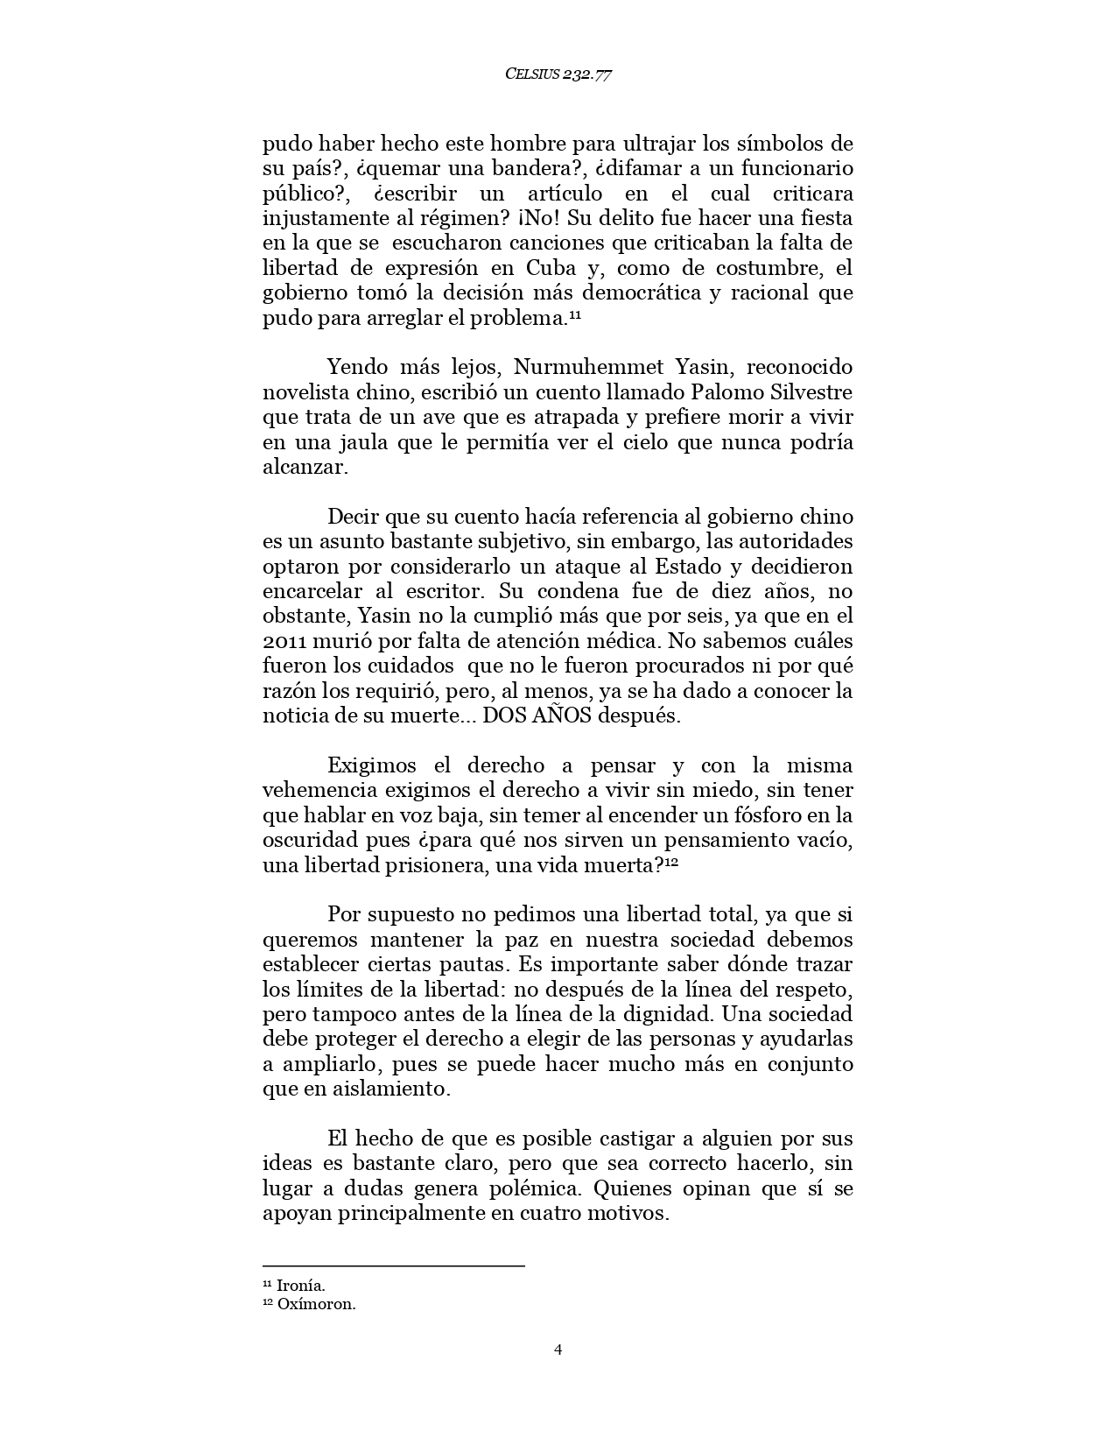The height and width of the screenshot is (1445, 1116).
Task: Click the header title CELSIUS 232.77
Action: (558, 74)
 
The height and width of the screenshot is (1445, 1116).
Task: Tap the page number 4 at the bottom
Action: (558, 1350)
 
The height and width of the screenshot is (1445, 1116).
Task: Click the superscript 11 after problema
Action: (575, 314)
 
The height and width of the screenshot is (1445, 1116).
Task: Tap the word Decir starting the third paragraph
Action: (354, 517)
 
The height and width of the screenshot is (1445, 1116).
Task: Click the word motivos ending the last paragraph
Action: (631, 1214)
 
